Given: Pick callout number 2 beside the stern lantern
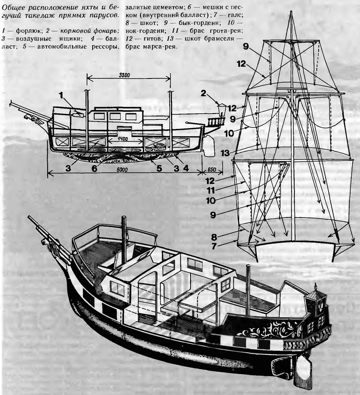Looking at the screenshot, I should [x=204, y=93].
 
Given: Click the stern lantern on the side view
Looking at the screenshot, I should [x=222, y=109].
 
